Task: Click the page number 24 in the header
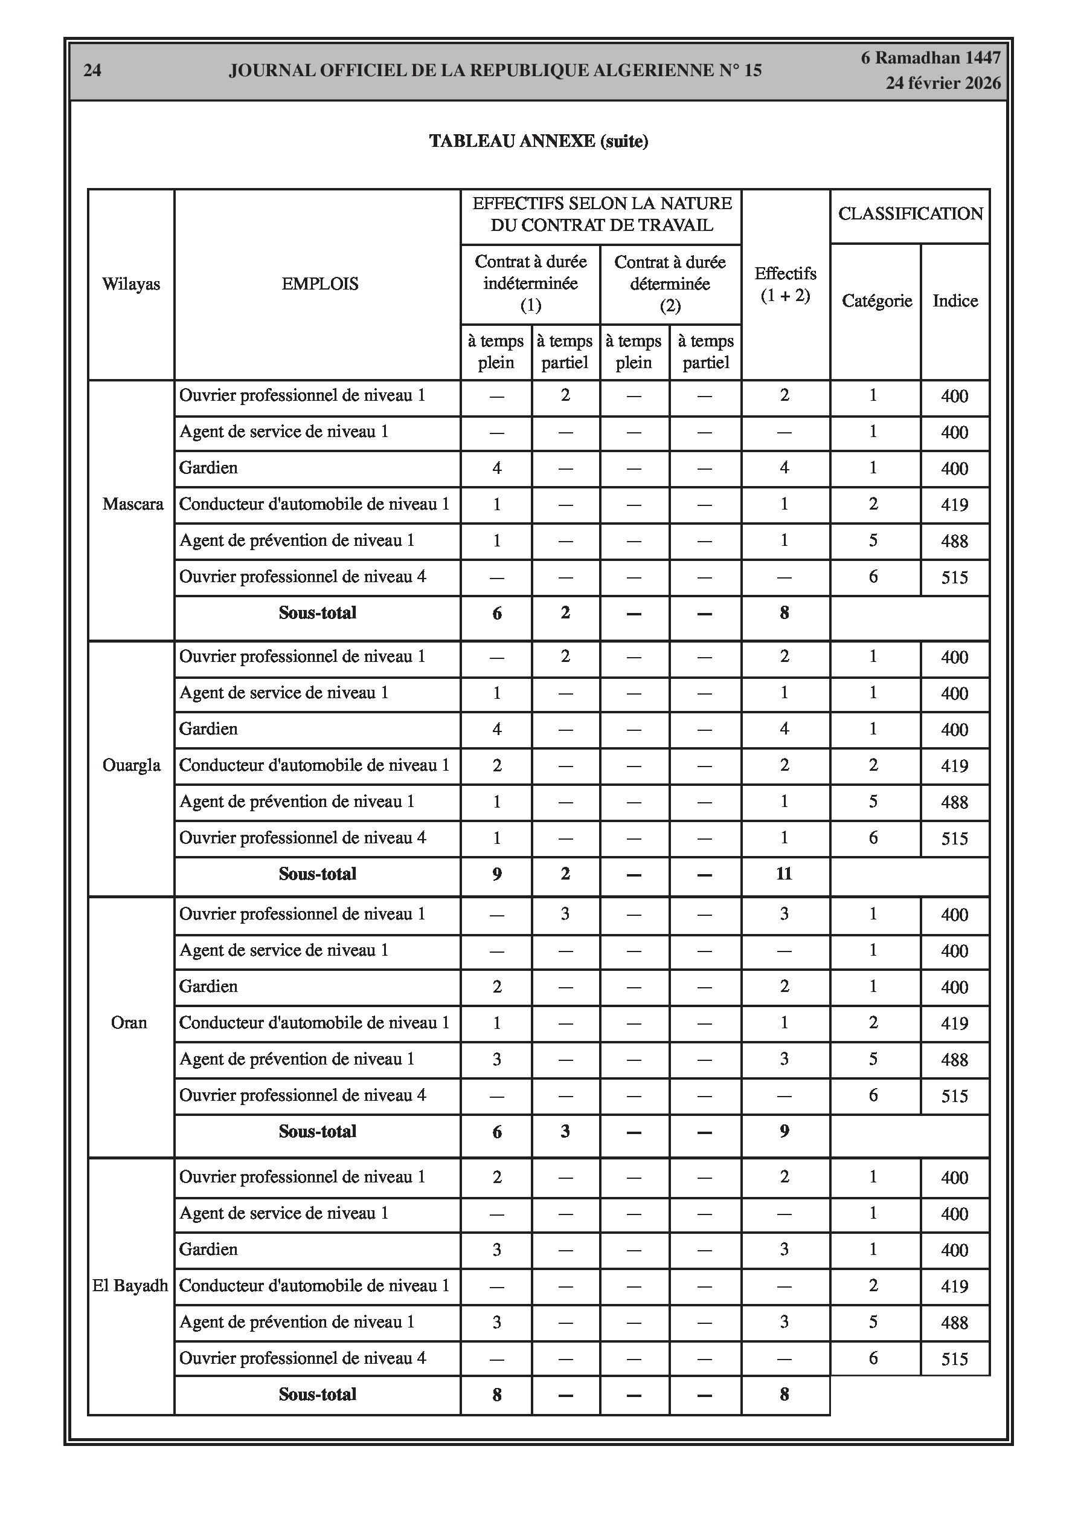[92, 71]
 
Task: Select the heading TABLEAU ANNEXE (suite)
[538, 141]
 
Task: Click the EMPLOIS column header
[319, 284]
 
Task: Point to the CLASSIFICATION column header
[910, 214]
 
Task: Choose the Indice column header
[955, 300]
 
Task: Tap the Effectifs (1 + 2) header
[785, 284]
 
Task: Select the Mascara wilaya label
[132, 504]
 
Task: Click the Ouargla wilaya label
[131, 765]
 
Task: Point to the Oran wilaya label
[129, 1023]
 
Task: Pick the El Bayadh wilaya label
[130, 1286]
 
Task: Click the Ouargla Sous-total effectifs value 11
[784, 874]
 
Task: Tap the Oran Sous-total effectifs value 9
[784, 1131]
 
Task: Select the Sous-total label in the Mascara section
[318, 612]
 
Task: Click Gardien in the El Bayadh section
[208, 1249]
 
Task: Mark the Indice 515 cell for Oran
[954, 1096]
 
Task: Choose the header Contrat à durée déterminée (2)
[670, 284]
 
